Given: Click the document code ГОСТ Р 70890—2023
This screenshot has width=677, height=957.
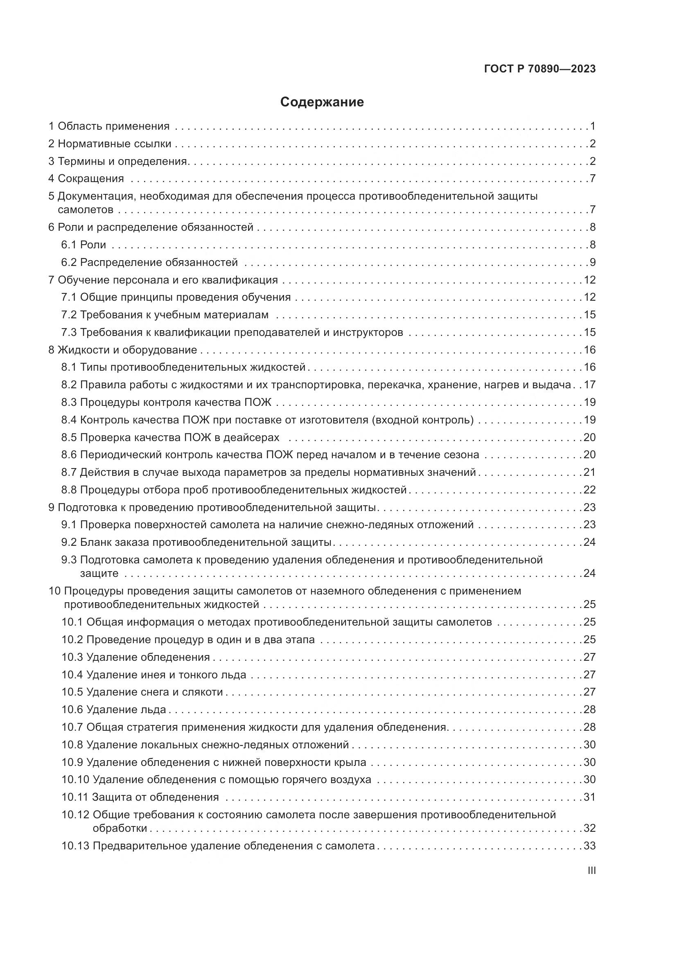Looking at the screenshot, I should coord(540,69).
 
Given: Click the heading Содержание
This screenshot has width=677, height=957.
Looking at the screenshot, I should coord(322,102).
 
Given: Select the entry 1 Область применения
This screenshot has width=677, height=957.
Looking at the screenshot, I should coord(109,126).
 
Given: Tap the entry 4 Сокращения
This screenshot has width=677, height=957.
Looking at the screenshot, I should coord(86,178).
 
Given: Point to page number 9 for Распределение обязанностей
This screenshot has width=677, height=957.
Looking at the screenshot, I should coord(592,262).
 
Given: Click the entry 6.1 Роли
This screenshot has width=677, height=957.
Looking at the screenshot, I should coord(84,245).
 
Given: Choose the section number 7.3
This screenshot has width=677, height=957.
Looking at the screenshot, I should coord(69,332).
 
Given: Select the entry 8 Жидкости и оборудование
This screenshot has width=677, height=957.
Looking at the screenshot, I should coord(122,350).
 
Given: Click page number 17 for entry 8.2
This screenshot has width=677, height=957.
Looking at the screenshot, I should coord(589,385).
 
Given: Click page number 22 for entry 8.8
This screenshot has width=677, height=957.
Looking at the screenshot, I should coord(589,490).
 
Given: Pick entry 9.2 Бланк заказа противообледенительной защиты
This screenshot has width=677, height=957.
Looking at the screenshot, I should coord(196,542).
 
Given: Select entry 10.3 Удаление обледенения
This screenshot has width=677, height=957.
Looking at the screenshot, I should coord(136,658).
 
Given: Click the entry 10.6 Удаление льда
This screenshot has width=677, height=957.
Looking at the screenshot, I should coord(114,709).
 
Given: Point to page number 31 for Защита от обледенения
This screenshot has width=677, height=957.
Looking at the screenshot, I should coord(589,797).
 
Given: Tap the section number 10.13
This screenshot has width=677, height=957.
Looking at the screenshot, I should coord(75,846).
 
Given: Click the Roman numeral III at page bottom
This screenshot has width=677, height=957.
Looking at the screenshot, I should coord(591,871).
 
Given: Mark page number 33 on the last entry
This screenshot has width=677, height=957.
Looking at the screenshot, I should coord(589,846).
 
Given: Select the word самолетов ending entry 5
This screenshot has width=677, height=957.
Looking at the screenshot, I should coord(86,209).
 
